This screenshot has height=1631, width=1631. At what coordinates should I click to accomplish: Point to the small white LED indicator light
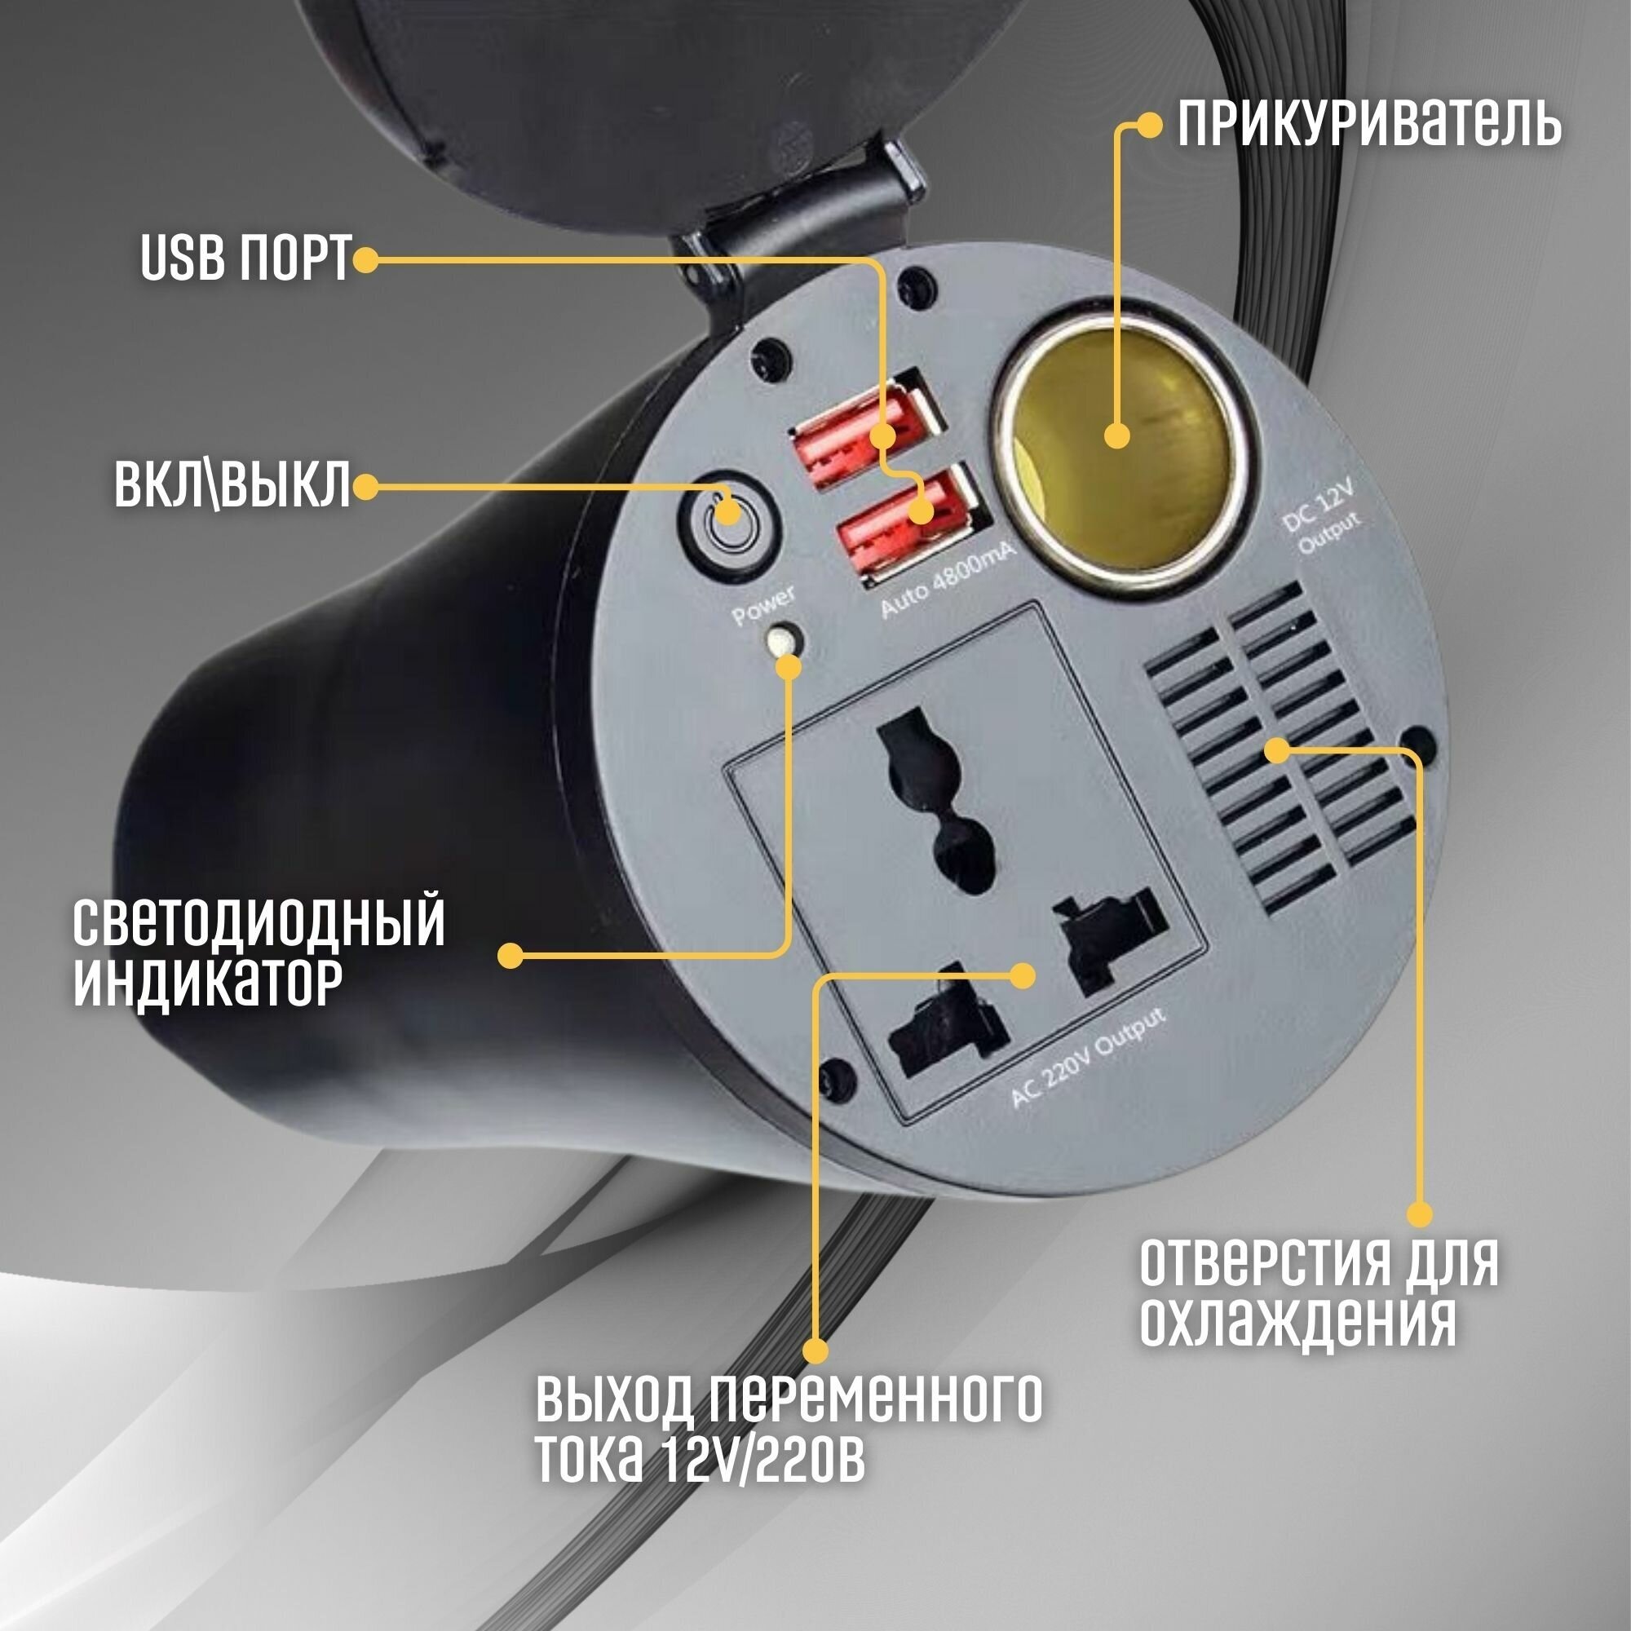(783, 641)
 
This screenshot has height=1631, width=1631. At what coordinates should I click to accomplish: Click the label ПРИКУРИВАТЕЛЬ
(1368, 125)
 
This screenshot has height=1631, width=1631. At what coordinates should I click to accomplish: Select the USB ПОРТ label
(245, 259)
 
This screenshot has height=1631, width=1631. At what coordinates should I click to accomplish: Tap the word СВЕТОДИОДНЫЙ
(259, 922)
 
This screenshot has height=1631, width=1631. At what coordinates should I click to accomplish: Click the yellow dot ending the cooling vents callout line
(1420, 1215)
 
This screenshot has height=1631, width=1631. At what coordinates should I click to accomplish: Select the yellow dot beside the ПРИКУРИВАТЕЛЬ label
(1149, 126)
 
